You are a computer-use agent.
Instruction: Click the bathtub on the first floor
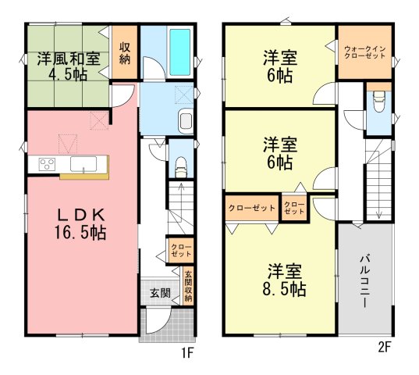click(179, 52)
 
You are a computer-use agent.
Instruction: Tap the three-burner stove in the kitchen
click(47, 164)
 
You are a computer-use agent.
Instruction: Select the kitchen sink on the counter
click(83, 164)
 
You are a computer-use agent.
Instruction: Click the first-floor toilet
click(181, 168)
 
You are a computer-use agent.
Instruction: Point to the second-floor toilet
click(378, 101)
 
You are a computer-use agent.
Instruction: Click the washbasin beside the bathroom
click(186, 121)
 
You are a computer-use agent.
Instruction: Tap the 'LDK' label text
click(81, 215)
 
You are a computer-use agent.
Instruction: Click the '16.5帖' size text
click(80, 232)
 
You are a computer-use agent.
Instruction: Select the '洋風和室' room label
click(69, 59)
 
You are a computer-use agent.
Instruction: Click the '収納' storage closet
click(125, 52)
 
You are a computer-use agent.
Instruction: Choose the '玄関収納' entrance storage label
click(188, 287)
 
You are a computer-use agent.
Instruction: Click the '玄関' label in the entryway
click(160, 293)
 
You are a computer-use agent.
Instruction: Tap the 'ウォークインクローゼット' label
click(364, 52)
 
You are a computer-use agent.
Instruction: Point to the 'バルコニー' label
click(364, 281)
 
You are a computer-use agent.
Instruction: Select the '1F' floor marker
click(187, 354)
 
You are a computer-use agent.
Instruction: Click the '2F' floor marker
click(385, 348)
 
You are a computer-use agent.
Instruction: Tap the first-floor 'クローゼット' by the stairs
click(181, 250)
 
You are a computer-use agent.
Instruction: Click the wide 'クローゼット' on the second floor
click(252, 208)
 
